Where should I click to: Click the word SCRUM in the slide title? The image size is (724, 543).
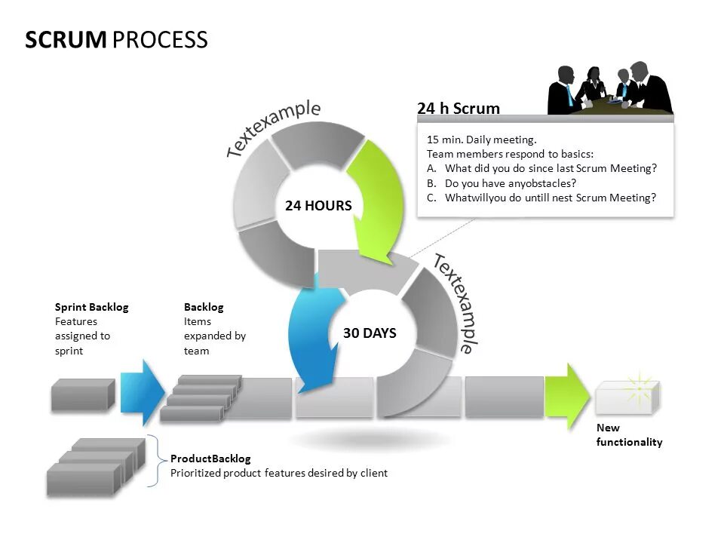pos(66,40)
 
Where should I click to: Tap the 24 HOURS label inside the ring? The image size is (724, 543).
pos(318,206)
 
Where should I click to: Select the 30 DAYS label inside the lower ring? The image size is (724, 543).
pos(370,333)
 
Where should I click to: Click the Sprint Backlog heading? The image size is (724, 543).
pos(91,307)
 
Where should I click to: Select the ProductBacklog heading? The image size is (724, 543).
pos(210,459)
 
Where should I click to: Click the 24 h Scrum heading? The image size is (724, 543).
pos(459,109)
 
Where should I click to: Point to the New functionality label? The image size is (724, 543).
pos(629,435)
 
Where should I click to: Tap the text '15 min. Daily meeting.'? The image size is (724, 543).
pos(481,140)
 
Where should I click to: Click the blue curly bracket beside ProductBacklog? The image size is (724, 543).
pos(155,460)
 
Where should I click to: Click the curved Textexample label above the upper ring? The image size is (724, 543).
pos(273,128)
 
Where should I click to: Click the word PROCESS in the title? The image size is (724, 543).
pos(160,40)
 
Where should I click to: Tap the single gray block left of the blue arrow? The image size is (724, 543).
pos(82,395)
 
